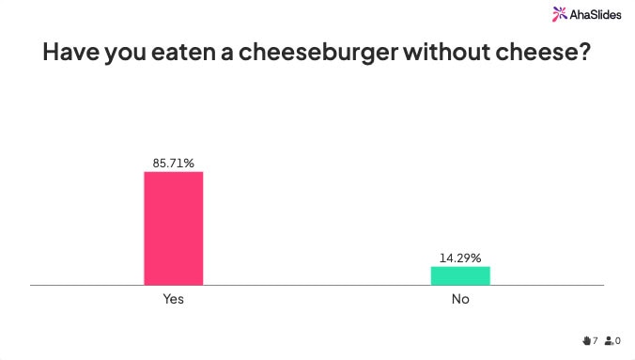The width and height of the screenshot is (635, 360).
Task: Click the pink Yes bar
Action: [x=173, y=228]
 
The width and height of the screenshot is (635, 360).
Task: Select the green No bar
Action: [x=460, y=275]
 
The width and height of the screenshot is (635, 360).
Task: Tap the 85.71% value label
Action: [x=174, y=163]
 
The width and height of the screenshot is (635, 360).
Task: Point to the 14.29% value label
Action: [x=460, y=257]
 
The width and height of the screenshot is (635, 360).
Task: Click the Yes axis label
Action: [x=173, y=300]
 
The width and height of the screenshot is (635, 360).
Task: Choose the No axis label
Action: [x=460, y=300]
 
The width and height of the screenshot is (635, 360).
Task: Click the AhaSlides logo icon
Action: [x=560, y=13]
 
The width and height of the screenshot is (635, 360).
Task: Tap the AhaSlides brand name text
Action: [x=596, y=14]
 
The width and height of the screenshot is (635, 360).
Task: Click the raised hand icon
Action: [x=586, y=340]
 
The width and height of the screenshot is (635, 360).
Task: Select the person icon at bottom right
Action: [x=609, y=340]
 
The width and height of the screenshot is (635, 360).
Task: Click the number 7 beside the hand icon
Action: [x=596, y=340]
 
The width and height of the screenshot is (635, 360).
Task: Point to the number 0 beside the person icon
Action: [x=618, y=340]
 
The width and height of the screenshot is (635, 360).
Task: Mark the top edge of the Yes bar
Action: [x=173, y=172]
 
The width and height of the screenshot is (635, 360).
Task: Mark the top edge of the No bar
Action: [x=460, y=267]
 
